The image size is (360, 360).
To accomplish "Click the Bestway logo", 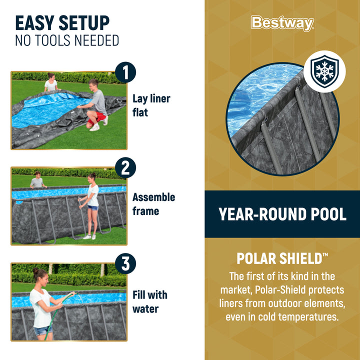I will [x=282, y=23].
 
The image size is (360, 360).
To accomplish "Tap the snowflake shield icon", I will [x=324, y=71].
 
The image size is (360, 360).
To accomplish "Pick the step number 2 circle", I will [x=125, y=168].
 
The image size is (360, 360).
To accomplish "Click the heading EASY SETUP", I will [x=62, y=23].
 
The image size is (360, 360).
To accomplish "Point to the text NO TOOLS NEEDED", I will [x=67, y=40].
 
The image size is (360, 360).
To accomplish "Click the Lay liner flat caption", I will [x=151, y=105].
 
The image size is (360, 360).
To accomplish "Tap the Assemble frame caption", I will [x=153, y=204].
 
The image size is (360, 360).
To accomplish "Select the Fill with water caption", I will [x=149, y=301].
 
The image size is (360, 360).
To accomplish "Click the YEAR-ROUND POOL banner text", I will [x=282, y=214].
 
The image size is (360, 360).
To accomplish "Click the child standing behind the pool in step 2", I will [x=36, y=180].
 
